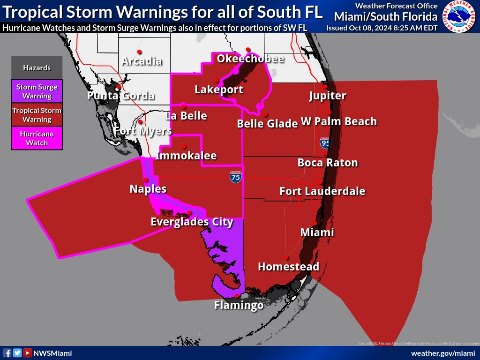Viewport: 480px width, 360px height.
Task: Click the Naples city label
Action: pyautogui.click(x=148, y=189)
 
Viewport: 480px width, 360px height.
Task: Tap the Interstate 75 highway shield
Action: pyautogui.click(x=236, y=177)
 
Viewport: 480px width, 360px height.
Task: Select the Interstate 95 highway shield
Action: pyautogui.click(x=325, y=142)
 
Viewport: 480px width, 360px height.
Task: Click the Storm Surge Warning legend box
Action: pyautogui.click(x=37, y=91)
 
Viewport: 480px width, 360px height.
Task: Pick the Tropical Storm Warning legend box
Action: pyautogui.click(x=37, y=115)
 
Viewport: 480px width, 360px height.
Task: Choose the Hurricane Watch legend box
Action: pyautogui.click(x=37, y=138)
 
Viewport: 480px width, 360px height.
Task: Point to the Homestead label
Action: pyautogui.click(x=288, y=267)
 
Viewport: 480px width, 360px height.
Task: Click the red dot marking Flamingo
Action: pyautogui.click(x=236, y=296)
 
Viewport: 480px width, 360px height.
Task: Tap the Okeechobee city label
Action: pyautogui.click(x=250, y=59)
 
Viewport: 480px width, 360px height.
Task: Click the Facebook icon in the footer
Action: pyautogui.click(x=7, y=353)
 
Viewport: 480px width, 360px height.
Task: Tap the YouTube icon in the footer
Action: pyautogui.click(x=28, y=353)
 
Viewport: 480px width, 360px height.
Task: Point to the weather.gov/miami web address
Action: pyautogui.click(x=443, y=353)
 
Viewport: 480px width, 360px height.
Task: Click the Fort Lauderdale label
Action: pyautogui.click(x=322, y=191)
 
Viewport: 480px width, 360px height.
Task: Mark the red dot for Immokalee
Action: pyautogui.click(x=184, y=146)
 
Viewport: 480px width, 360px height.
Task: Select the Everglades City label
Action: pyautogui.click(x=192, y=222)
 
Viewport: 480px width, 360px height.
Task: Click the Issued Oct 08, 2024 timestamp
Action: pyautogui.click(x=382, y=28)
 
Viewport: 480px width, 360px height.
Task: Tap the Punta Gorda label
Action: pyautogui.click(x=121, y=96)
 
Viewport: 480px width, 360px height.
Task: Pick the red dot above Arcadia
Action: pyautogui.click(x=139, y=52)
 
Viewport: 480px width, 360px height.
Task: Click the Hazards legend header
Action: pyautogui.click(x=37, y=68)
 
